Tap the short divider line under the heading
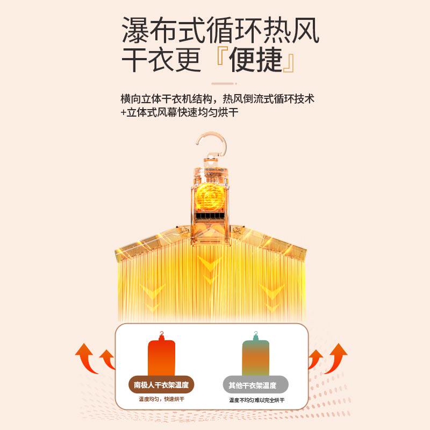[x=223, y=84]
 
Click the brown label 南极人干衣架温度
[x=161, y=385]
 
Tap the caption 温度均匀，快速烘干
[x=161, y=399]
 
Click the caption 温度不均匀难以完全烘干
[x=256, y=400]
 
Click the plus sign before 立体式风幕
[x=124, y=113]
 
